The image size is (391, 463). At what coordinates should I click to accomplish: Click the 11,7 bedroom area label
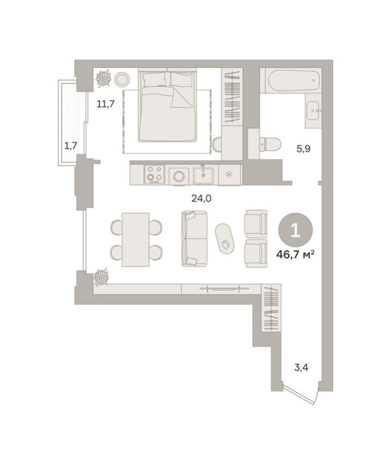pyautogui.click(x=105, y=103)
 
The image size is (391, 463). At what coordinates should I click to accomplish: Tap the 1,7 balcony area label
pyautogui.click(x=71, y=146)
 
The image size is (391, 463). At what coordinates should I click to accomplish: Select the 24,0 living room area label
pyautogui.click(x=200, y=198)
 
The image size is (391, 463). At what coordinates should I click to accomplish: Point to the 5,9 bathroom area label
pyautogui.click(x=304, y=148)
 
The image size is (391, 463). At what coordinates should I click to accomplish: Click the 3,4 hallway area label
pyautogui.click(x=301, y=367)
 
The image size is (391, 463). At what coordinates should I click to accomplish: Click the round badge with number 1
pyautogui.click(x=295, y=230)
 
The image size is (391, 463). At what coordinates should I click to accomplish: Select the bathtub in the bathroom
pyautogui.click(x=294, y=81)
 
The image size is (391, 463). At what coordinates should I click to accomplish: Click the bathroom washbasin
pyautogui.click(x=314, y=112)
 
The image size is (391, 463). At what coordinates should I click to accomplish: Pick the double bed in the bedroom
pyautogui.click(x=167, y=106)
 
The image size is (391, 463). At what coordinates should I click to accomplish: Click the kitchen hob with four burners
pyautogui.click(x=154, y=174)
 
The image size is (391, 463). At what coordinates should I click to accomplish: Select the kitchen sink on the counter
pyautogui.click(x=203, y=174)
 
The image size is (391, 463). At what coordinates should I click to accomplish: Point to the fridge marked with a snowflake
pyautogui.click(x=229, y=174)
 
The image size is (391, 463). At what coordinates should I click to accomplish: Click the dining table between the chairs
pyautogui.click(x=135, y=239)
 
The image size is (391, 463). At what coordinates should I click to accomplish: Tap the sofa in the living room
pyautogui.click(x=194, y=238)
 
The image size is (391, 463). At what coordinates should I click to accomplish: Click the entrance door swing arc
pyautogui.click(x=303, y=395)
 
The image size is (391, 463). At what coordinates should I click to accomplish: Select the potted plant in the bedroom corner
pyautogui.click(x=103, y=79)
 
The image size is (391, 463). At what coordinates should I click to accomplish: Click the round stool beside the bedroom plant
pyautogui.click(x=122, y=79)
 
